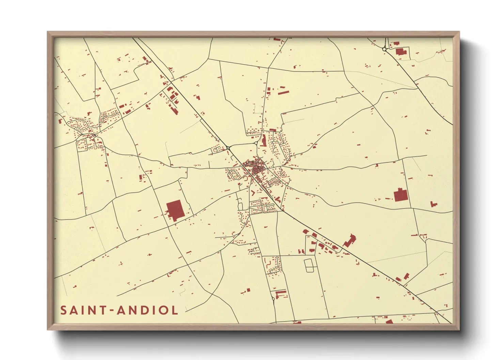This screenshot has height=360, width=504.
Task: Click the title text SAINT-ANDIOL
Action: tap(119, 310)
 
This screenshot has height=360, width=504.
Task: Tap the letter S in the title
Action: tap(64, 310)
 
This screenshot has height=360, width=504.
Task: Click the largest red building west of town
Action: tap(175, 210)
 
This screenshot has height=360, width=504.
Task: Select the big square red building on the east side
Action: tap(400, 195)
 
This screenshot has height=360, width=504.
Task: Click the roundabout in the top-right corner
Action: tap(384, 49)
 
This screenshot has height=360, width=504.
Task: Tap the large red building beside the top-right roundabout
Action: tap(401, 52)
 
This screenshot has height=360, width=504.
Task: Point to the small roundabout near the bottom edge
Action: tap(273, 299)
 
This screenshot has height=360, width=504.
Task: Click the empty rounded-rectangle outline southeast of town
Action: tap(309, 265)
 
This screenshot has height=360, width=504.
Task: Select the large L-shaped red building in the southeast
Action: tap(349, 241)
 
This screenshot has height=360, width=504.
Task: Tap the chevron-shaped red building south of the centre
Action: tap(253, 193)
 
